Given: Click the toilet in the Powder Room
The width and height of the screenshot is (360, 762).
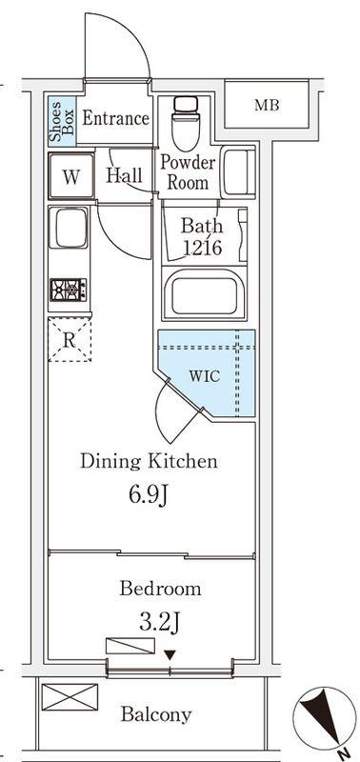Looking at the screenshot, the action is (x=186, y=123).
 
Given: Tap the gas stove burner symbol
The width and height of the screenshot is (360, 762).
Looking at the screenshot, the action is (x=69, y=291).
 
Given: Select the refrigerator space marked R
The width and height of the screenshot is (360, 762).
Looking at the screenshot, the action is (x=70, y=340).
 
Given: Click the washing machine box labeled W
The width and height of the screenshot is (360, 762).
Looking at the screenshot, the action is (x=70, y=176).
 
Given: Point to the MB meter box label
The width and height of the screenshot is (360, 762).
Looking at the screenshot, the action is (x=268, y=105).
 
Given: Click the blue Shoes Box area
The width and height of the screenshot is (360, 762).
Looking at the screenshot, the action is (x=62, y=121).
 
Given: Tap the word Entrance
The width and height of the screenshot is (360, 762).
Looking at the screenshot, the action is (x=115, y=118).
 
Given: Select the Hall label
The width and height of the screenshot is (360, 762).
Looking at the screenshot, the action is (x=125, y=175).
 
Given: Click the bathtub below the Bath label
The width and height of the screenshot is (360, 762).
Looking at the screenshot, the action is (x=204, y=293).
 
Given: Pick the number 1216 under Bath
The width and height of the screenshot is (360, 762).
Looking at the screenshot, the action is (x=203, y=248).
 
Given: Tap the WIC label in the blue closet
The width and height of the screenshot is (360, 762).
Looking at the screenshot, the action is (x=205, y=375).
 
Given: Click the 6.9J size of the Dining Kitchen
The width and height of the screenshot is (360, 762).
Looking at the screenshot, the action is (x=149, y=494).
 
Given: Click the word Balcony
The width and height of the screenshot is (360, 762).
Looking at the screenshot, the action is (x=156, y=714).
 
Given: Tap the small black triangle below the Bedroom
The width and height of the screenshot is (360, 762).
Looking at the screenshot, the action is (x=170, y=655).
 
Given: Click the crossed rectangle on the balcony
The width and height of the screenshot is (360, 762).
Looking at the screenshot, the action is (x=70, y=697).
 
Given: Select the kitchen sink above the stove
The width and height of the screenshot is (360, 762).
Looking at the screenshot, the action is (x=69, y=228).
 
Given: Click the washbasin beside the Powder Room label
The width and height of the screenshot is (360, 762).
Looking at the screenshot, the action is (x=237, y=171).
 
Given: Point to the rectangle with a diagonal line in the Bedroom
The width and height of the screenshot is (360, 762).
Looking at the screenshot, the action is (x=130, y=646).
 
